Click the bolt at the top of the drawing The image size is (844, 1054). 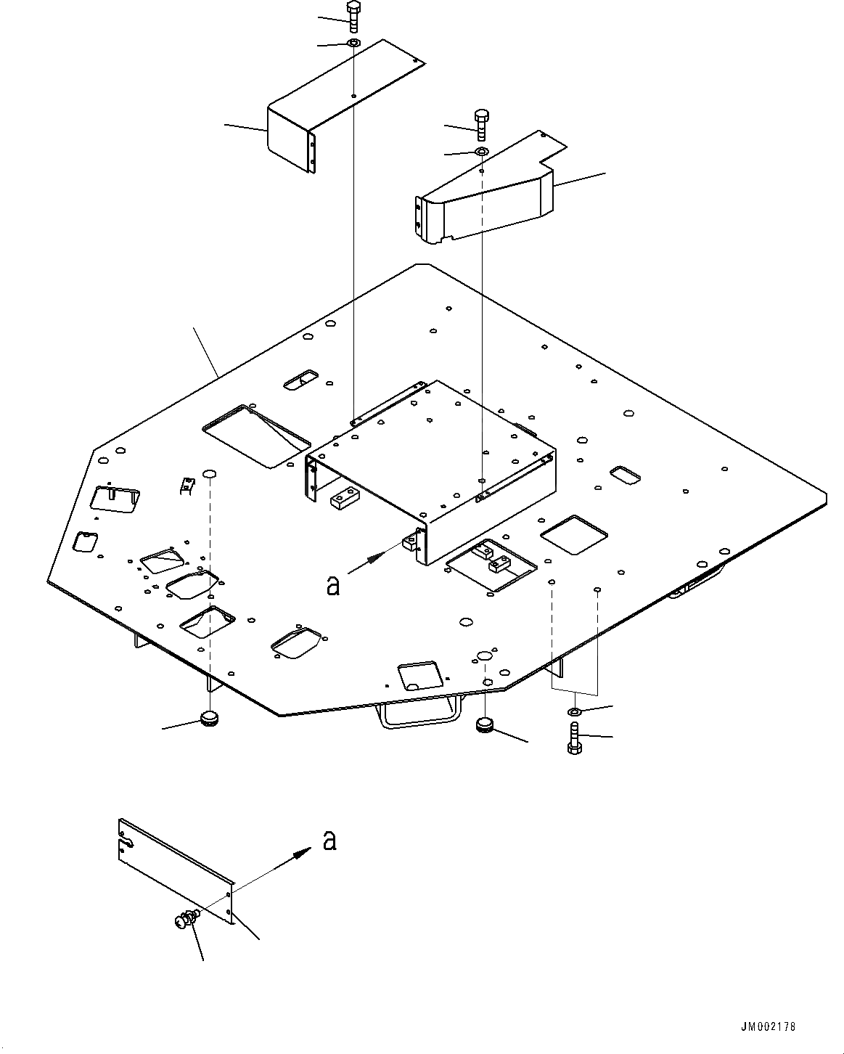pyautogui.click(x=353, y=17)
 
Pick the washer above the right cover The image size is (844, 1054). pyautogui.click(x=482, y=152)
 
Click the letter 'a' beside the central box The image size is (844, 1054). pyautogui.click(x=333, y=584)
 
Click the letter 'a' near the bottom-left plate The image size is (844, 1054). pyautogui.click(x=329, y=841)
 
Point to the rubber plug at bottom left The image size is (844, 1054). pyautogui.click(x=210, y=719)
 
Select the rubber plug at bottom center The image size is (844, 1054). pyautogui.click(x=485, y=724)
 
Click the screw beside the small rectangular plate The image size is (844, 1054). pyautogui.click(x=184, y=920)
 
